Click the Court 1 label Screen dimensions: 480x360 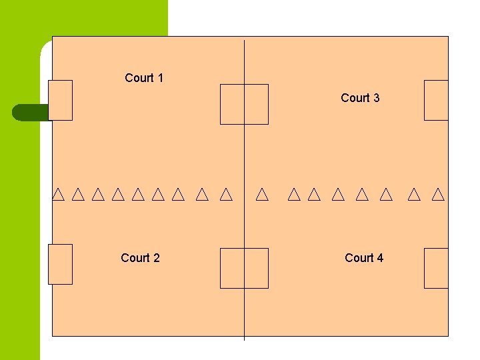pos(144,78)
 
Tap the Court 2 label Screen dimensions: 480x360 pos(140,258)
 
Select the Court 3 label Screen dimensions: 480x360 pos(360,98)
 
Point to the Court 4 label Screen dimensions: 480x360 pos(364,258)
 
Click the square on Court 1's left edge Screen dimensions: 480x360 pos(60,100)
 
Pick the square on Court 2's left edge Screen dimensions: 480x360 pos(60,264)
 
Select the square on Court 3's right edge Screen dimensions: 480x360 pos(436,100)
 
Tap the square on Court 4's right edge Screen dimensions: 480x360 pos(436,268)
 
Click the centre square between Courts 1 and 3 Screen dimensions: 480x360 pos(244,104)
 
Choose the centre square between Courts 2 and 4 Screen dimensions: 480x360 pos(244,268)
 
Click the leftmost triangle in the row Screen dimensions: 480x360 pos(58,195)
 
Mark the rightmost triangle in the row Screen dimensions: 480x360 pos(438,195)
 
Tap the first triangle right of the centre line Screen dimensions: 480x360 pos(262,195)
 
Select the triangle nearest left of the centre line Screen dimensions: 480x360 pos(226,195)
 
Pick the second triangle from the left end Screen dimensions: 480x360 pos(78,195)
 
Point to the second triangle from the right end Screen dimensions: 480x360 pos(414,195)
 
